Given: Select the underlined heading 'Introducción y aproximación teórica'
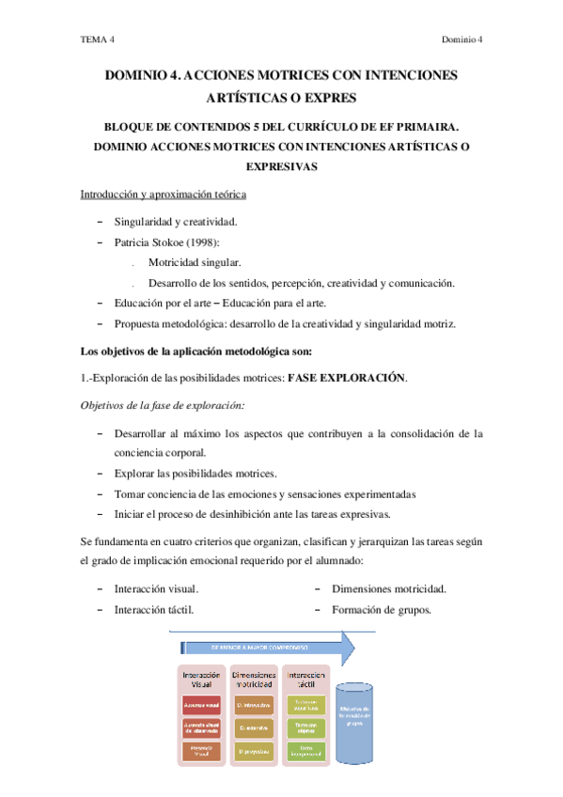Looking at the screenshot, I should click(x=163, y=195).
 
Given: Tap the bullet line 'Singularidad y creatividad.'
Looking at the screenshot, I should click(x=176, y=222).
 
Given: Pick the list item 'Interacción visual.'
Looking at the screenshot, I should click(x=156, y=589).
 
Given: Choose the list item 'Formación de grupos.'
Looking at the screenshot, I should click(x=381, y=610).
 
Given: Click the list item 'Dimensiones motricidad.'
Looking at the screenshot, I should click(x=388, y=589).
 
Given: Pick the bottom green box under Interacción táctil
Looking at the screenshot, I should click(x=306, y=751).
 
